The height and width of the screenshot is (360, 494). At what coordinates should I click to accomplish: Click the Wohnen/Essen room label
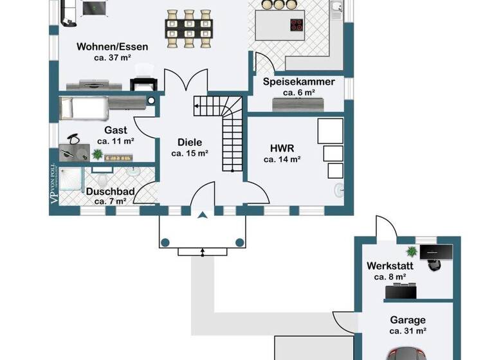coord(112,46)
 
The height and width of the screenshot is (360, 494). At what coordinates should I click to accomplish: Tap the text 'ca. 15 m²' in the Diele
coord(189,154)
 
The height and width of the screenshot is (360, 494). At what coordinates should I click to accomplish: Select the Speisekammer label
coord(298,82)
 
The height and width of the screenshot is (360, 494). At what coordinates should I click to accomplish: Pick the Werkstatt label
coord(390,265)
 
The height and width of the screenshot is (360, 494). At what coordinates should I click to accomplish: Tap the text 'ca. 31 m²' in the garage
coord(408,331)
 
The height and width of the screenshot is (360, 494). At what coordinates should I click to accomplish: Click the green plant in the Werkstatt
coord(412,251)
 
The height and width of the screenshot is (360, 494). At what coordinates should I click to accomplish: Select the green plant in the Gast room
coord(98,154)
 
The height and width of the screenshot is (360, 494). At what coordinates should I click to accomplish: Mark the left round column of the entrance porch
coord(165,242)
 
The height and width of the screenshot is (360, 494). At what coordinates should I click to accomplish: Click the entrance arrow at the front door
coord(203,217)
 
